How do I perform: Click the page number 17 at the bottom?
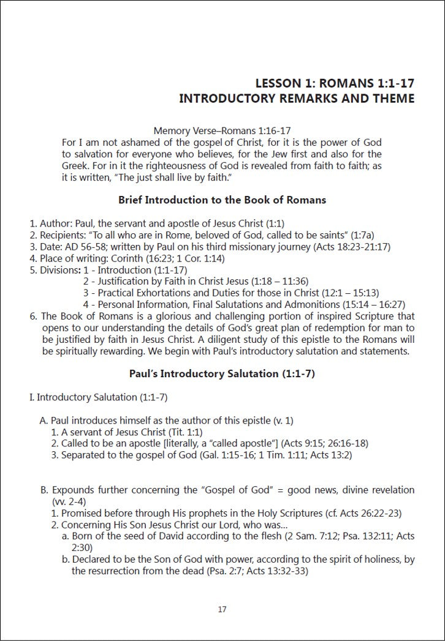pyautogui.click(x=222, y=609)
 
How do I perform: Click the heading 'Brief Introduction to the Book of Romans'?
pyautogui.click(x=222, y=200)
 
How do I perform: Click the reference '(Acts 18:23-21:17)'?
pyautogui.click(x=352, y=247)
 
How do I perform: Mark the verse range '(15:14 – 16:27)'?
pyautogui.click(x=370, y=304)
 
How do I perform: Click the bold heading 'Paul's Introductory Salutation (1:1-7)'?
pyautogui.click(x=222, y=373)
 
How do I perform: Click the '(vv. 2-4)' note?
pyautogui.click(x=71, y=501)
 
